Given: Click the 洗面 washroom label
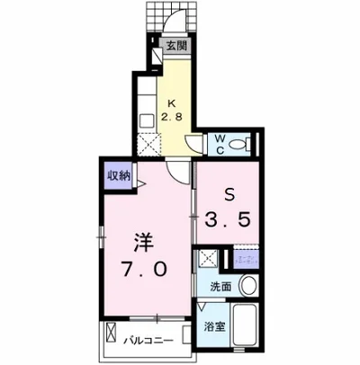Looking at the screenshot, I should [x=220, y=288].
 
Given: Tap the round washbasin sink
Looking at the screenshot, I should [x=247, y=286].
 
